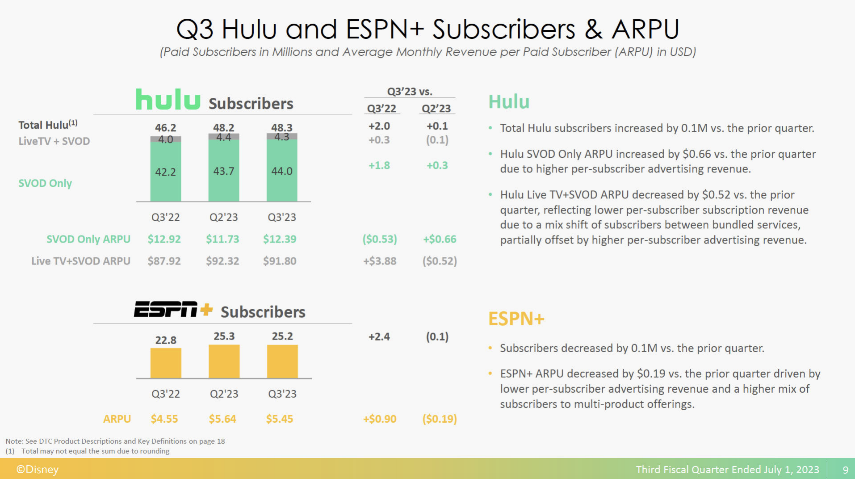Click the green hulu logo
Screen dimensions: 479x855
[x=168, y=99]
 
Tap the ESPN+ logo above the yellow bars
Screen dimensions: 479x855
[x=173, y=309]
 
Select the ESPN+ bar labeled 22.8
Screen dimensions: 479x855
[x=166, y=363]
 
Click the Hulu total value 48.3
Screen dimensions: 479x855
[x=281, y=127]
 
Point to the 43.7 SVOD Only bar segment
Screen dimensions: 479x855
[x=223, y=171]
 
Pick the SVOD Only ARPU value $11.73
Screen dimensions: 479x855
[x=222, y=239]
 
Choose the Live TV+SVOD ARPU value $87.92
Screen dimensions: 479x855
[x=164, y=261]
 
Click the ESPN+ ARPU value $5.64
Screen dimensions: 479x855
[x=222, y=419]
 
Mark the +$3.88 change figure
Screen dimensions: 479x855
[x=379, y=261]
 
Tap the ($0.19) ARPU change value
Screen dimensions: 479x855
[x=439, y=419]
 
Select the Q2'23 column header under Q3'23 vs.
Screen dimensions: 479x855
[x=436, y=109]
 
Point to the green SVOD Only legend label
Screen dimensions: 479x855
[x=45, y=183]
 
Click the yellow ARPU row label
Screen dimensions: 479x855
[x=117, y=419]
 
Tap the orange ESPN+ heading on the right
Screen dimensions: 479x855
[x=516, y=319]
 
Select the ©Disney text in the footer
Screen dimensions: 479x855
[x=38, y=469]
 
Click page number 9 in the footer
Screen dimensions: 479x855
[x=845, y=470]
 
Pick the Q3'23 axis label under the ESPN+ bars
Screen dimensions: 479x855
[x=282, y=394]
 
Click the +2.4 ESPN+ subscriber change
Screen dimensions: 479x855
[x=379, y=336]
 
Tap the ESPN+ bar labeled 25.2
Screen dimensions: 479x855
[x=282, y=361]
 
